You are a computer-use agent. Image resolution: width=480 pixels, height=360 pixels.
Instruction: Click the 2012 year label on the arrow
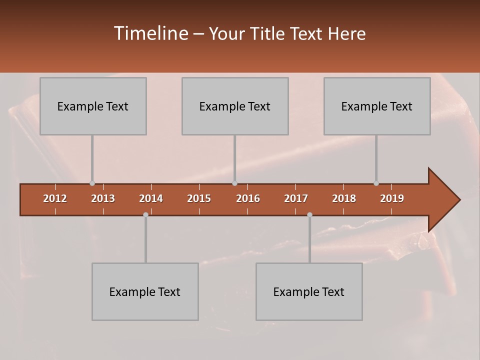[x=55, y=198]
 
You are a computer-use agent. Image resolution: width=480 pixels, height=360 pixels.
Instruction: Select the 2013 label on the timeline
[x=103, y=198]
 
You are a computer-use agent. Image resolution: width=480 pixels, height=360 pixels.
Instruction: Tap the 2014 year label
[x=151, y=198]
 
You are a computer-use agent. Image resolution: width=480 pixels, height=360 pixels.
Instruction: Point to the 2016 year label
[x=248, y=198]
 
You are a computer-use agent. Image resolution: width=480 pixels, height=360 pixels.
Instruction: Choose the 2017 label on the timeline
[x=296, y=198]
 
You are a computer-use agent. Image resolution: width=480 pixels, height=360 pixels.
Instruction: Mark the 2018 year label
[x=344, y=198]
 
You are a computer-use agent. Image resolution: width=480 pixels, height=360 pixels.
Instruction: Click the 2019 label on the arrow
[x=392, y=198]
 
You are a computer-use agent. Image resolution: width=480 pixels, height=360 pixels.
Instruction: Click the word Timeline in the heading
[x=150, y=33]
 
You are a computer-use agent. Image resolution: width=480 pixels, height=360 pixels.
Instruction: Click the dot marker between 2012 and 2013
[x=92, y=183]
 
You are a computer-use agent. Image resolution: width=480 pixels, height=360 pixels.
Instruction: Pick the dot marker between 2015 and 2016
[x=235, y=183]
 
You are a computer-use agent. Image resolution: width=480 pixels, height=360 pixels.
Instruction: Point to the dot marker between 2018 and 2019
[x=376, y=183]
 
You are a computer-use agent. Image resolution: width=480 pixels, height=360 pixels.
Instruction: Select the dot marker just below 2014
[x=145, y=214]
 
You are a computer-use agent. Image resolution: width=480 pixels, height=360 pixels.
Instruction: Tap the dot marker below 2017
[x=309, y=214]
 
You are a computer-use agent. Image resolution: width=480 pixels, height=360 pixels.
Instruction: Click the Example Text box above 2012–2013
[x=93, y=106]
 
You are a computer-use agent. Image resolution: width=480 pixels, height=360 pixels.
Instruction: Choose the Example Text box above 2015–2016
[x=235, y=106]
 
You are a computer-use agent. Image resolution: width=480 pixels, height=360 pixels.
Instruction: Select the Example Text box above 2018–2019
[x=377, y=106]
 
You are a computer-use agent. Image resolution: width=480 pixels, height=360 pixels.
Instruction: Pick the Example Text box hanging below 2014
[x=145, y=291]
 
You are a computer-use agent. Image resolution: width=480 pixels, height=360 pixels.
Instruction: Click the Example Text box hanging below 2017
[x=309, y=291]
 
